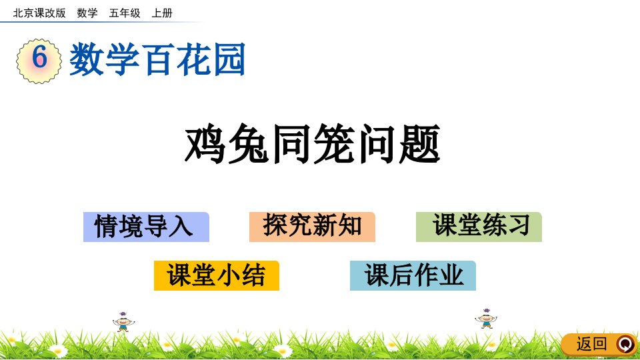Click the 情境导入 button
146,227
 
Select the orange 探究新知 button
312,227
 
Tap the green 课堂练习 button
479,227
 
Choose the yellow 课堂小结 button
216,275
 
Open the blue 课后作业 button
413,275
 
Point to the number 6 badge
39,61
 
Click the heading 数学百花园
157,59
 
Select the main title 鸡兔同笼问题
312,144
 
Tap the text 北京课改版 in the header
39,13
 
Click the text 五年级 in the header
125,13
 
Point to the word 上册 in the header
162,13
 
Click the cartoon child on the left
123,322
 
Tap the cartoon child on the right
486,319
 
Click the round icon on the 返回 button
626,344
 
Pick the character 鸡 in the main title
205,144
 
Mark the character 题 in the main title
419,144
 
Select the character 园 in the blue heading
229,59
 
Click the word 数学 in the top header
87,13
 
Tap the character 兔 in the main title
248,144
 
